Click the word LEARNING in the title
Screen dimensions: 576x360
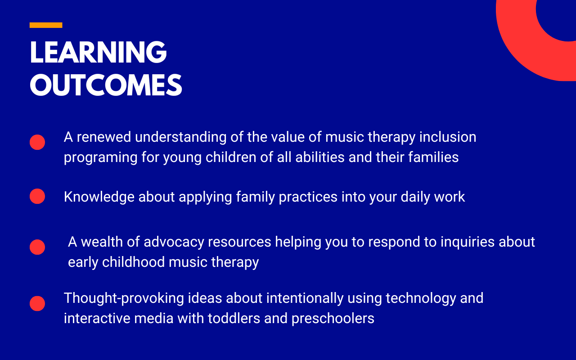click(x=98, y=52)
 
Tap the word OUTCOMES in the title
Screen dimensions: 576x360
click(x=106, y=85)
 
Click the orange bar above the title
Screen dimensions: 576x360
click(x=46, y=25)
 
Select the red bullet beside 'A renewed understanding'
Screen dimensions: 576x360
click(x=37, y=142)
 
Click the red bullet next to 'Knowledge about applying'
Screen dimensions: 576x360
click(x=37, y=196)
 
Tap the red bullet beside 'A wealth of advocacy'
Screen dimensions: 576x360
click(x=37, y=247)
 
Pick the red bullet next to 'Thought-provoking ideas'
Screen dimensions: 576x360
click(x=37, y=303)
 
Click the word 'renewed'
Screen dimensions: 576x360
click(x=104, y=137)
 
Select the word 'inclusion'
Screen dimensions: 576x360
click(x=448, y=137)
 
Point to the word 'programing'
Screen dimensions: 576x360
click(x=100, y=158)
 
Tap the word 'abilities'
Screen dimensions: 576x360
click(x=320, y=157)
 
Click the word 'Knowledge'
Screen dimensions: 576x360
click(x=99, y=198)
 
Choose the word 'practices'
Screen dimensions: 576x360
click(x=308, y=198)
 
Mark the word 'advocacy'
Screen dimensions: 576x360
click(x=174, y=243)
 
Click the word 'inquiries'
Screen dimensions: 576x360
click(x=468, y=243)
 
